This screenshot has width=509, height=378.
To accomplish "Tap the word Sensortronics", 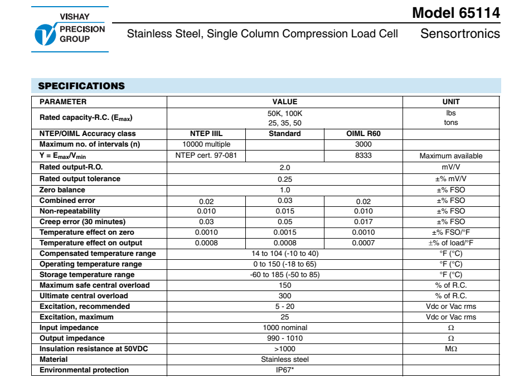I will click(460, 33).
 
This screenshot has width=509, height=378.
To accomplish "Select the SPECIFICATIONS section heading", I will click(81, 86).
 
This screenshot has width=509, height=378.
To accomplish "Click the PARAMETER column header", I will click(63, 102).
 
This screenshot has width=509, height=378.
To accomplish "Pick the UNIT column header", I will click(451, 102).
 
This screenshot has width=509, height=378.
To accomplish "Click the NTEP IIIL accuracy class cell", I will click(206, 134).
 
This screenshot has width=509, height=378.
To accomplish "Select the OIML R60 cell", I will click(363, 134).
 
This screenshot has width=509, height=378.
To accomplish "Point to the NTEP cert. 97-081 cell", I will click(206, 156).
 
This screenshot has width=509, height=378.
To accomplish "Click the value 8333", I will click(363, 156).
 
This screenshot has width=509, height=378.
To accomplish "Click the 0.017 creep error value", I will click(363, 222).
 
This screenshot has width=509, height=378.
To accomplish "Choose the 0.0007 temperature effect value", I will click(363, 243).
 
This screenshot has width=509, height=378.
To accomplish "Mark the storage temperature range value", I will click(285, 275).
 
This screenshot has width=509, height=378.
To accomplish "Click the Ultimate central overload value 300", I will click(285, 296).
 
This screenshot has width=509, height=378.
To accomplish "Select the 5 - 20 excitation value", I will click(285, 307).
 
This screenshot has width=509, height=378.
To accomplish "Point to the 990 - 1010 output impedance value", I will click(285, 338).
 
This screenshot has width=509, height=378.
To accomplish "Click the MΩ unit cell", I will click(451, 349).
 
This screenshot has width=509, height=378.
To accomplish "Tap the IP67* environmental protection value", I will click(285, 370).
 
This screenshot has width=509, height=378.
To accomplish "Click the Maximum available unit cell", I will click(451, 156).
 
